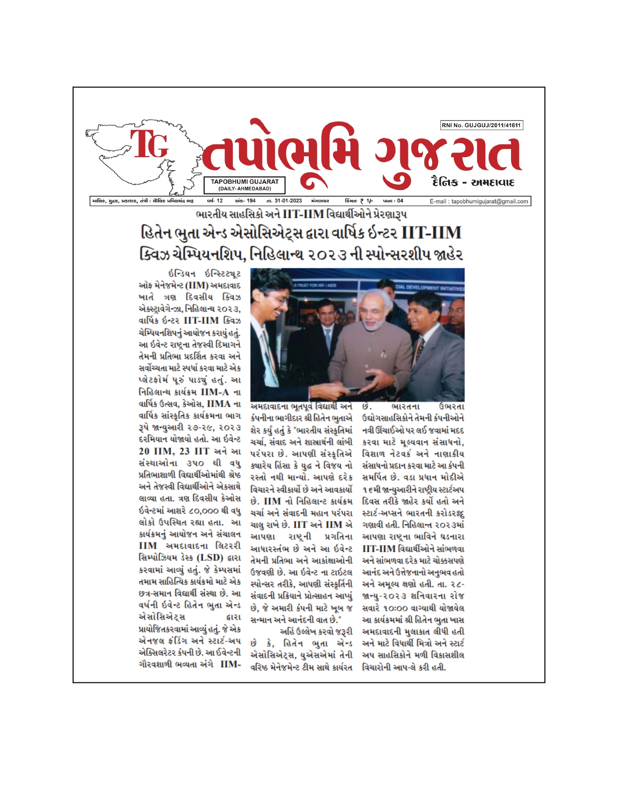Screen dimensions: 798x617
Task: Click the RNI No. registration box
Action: tap(482, 125)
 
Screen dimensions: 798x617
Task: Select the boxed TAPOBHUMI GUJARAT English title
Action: tap(244, 184)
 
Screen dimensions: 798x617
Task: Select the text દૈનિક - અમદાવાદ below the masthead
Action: tap(472, 183)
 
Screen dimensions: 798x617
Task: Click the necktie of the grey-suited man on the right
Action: tap(420, 346)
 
